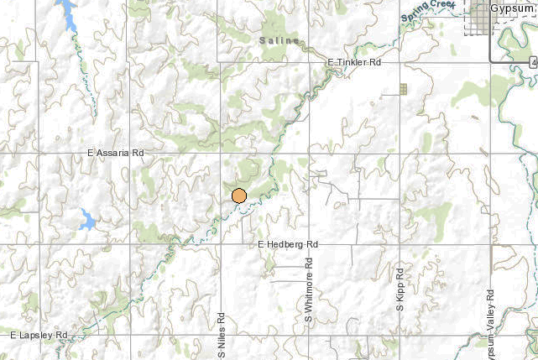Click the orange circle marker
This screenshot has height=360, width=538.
[239, 196]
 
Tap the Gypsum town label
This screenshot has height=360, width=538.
[511, 7]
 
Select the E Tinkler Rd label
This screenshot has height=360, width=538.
[354, 63]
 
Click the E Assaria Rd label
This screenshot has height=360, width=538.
[117, 154]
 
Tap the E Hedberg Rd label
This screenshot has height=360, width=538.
[289, 243]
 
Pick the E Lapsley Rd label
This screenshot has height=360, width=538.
[39, 335]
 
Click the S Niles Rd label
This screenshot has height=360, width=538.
[222, 335]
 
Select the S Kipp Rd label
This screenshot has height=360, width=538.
[400, 289]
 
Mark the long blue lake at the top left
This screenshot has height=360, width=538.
[66, 14]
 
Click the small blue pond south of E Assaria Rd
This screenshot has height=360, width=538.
[86, 222]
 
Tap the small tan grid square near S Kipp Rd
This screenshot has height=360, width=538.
[403, 88]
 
